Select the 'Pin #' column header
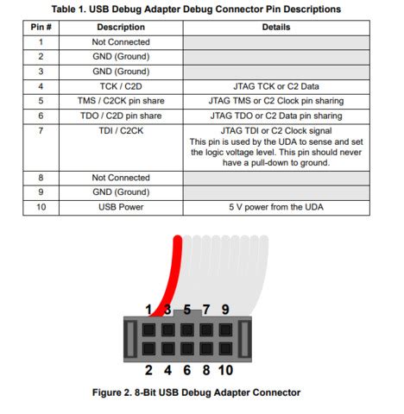tap(41, 28)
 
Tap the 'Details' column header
tap(275, 28)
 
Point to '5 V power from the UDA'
tap(275, 207)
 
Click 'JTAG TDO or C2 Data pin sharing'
tap(275, 115)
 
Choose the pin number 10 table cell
tap(41, 207)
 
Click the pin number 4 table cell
tap(41, 86)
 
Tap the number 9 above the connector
tap(225, 309)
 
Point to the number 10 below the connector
tap(225, 370)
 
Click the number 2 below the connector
tap(149, 371)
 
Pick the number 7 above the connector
tap(205, 309)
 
